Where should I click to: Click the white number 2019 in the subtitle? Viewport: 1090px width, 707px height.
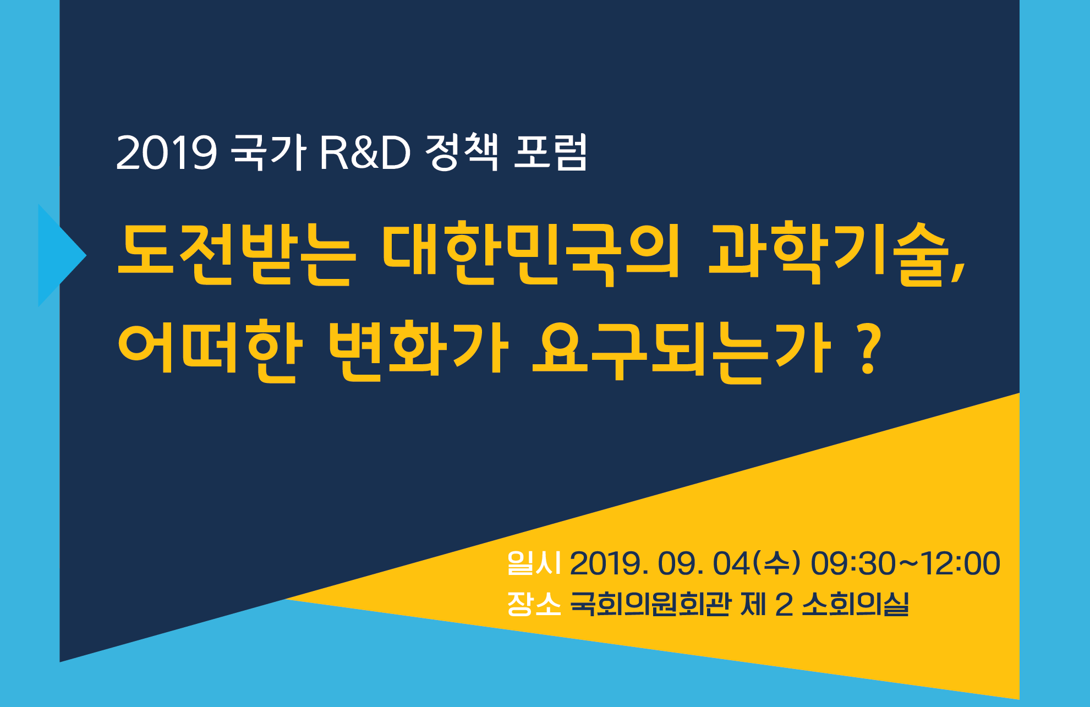pos(166,152)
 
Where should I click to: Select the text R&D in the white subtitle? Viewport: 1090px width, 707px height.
pos(365,152)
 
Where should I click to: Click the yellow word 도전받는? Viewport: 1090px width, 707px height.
pos(234,254)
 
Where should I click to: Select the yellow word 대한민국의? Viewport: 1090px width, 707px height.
pos(530,254)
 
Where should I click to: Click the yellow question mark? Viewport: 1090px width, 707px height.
pos(869,349)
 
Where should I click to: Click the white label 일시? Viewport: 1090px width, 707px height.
pos(534,563)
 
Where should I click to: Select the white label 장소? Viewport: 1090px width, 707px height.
pos(534,604)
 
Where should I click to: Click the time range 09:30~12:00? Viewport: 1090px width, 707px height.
pos(905,564)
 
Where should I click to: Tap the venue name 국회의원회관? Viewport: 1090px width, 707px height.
pos(651,604)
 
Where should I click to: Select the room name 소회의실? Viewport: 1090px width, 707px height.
pos(855,604)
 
